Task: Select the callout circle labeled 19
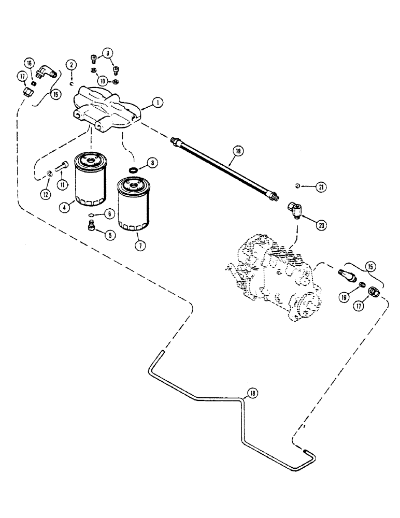(237, 151)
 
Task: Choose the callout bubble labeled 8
(152, 162)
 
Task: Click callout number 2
(70, 65)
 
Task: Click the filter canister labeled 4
(91, 179)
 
